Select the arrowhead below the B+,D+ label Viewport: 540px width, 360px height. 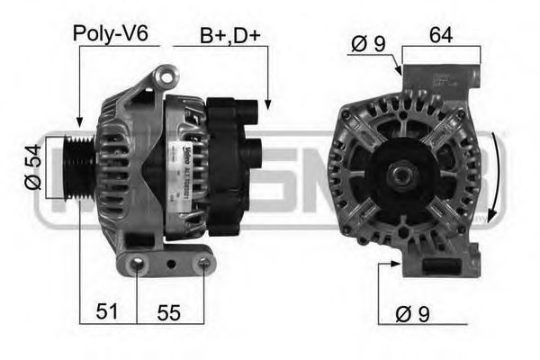coord(267,108)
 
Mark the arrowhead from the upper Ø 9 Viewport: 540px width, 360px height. coord(399,72)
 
